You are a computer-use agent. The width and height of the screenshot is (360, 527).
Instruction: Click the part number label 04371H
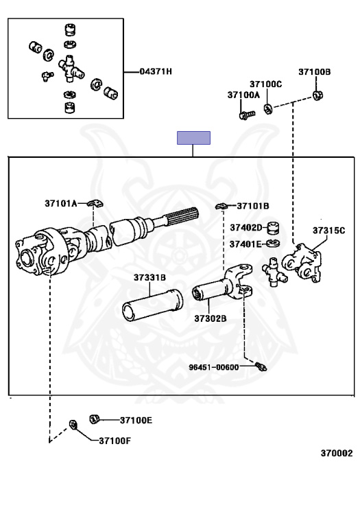[156, 71]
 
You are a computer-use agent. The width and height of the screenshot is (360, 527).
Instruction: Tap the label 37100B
[314, 72]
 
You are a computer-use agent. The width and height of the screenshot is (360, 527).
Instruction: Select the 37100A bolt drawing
[247, 115]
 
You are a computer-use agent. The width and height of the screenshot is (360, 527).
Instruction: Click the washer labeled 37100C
[267, 109]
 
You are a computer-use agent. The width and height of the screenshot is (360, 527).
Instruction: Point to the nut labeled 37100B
[317, 95]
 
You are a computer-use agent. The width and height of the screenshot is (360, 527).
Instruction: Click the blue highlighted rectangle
[194, 138]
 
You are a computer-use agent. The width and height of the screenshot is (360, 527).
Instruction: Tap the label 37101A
[61, 203]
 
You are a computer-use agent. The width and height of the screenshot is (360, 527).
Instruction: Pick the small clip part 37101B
[221, 207]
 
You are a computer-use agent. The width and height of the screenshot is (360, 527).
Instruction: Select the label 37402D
[245, 228]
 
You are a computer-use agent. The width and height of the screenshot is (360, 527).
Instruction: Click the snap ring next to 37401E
[273, 243]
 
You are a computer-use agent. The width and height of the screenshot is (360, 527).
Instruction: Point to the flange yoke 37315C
[302, 263]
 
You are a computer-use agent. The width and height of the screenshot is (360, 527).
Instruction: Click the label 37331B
[149, 278]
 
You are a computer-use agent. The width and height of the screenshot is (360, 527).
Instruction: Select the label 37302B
[211, 318]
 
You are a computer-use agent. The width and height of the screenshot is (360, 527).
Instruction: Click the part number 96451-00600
[213, 367]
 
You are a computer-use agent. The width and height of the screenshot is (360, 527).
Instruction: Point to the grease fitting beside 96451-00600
[261, 366]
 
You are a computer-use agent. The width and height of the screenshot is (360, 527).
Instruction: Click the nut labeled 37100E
[95, 419]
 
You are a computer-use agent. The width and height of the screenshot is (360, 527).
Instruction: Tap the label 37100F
[115, 441]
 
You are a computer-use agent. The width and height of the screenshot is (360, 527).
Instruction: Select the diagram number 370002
[337, 454]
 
